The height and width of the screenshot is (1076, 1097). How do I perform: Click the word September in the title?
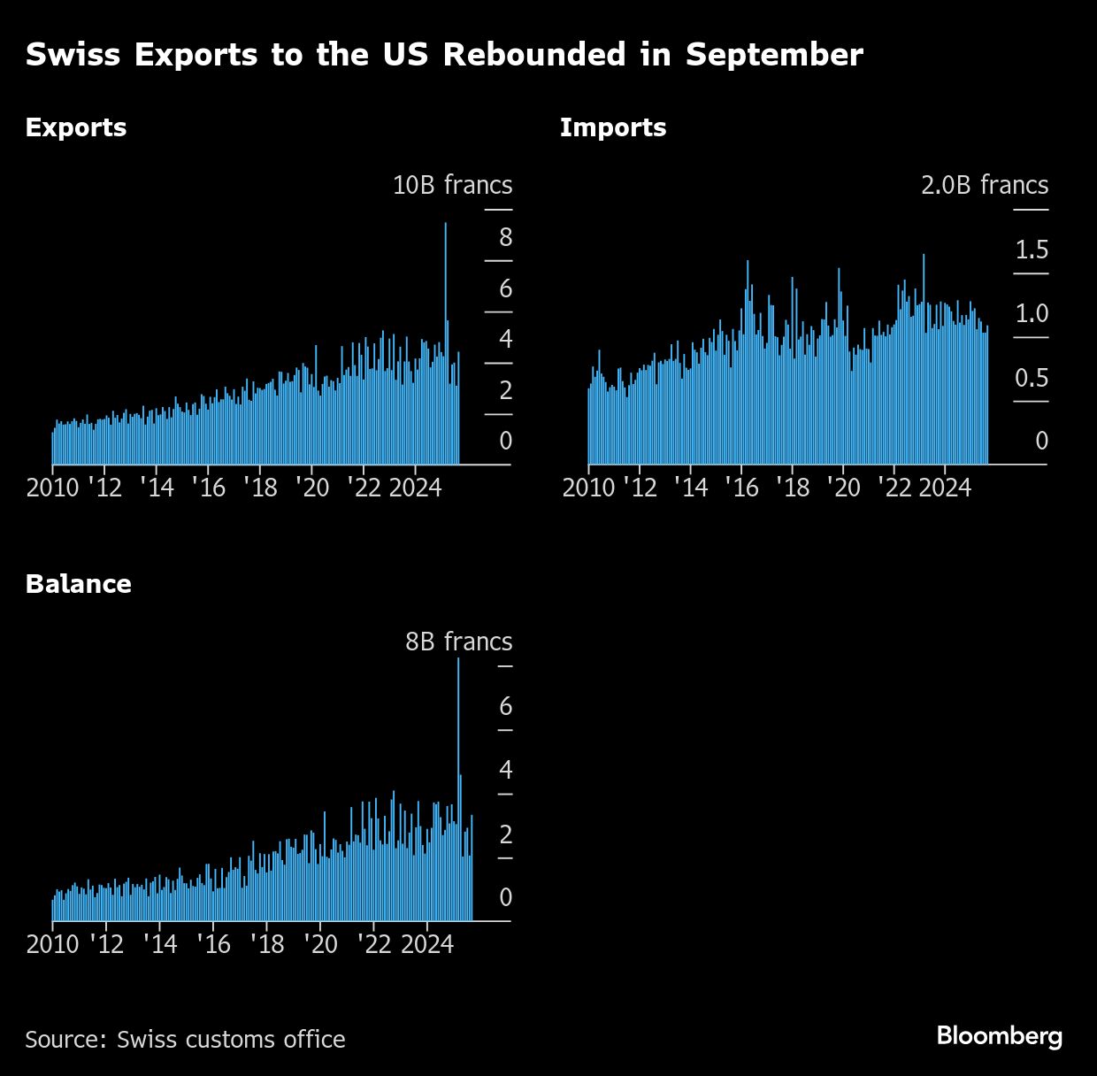pos(774,55)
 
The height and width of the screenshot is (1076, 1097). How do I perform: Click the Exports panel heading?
pos(76,127)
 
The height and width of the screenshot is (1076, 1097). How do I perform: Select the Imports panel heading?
pos(613,127)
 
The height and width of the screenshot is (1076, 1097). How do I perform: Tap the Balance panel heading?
pos(79,584)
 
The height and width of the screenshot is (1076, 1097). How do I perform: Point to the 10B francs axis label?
pos(452,185)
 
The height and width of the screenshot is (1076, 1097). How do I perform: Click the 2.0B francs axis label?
pos(984,185)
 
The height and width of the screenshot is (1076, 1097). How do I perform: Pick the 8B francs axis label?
pos(458,642)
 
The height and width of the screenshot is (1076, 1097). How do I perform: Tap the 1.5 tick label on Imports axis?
pos(1032,250)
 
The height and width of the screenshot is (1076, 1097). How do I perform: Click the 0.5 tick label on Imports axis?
pos(1032,379)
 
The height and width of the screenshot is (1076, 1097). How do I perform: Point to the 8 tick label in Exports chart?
pos(505,237)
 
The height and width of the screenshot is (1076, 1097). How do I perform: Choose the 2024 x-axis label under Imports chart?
pos(945,488)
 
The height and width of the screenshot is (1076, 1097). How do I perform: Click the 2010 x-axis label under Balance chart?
pos(53,944)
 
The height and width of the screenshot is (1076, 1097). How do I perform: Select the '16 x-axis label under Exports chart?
pos(210,488)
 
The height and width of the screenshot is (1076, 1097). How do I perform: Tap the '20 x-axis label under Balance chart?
pos(320,944)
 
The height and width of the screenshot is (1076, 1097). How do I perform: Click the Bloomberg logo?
pos(1000,1036)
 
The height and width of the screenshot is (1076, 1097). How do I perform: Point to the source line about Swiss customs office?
pos(185,1039)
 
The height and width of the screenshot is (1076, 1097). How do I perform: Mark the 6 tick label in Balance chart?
pos(505,706)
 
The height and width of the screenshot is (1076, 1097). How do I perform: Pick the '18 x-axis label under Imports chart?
pos(794,488)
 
